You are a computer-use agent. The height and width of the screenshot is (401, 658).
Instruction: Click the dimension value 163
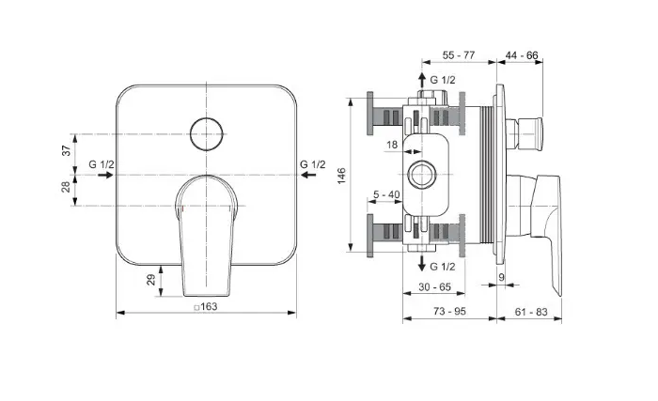tap(209, 307)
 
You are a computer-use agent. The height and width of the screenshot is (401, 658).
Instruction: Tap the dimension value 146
tap(341, 176)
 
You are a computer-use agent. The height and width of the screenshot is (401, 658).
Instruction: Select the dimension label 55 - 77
tap(459, 55)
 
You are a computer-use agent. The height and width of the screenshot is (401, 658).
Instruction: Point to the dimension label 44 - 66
tap(522, 55)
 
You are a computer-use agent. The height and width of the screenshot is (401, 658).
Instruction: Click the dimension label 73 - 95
tap(449, 311)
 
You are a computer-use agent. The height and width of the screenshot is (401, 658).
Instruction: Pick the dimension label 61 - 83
tap(531, 312)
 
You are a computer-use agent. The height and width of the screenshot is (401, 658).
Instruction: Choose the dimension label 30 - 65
tap(434, 287)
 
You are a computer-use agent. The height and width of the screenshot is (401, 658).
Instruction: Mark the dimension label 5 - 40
tap(386, 194)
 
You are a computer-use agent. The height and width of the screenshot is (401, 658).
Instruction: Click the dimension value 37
tap(67, 150)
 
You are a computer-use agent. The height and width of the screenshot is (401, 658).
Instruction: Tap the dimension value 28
tap(67, 187)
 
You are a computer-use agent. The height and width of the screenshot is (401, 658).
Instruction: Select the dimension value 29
tap(150, 280)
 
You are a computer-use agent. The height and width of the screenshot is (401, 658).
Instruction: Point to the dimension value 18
tap(392, 145)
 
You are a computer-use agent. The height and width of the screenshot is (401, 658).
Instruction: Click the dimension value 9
tap(501, 277)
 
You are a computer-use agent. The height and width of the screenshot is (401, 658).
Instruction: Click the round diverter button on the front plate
tap(207, 133)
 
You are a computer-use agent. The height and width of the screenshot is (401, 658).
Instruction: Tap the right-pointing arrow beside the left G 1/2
tap(105, 175)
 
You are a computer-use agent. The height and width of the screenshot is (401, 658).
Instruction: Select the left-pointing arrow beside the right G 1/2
tap(308, 175)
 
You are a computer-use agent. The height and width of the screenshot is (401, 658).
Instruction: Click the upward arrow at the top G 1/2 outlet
tap(422, 80)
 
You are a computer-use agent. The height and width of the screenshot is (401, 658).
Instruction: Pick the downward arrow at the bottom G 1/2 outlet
tap(422, 263)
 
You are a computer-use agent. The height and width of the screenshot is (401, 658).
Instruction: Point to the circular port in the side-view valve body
tap(422, 175)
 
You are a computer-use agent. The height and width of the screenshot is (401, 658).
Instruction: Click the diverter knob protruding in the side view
tap(525, 133)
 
